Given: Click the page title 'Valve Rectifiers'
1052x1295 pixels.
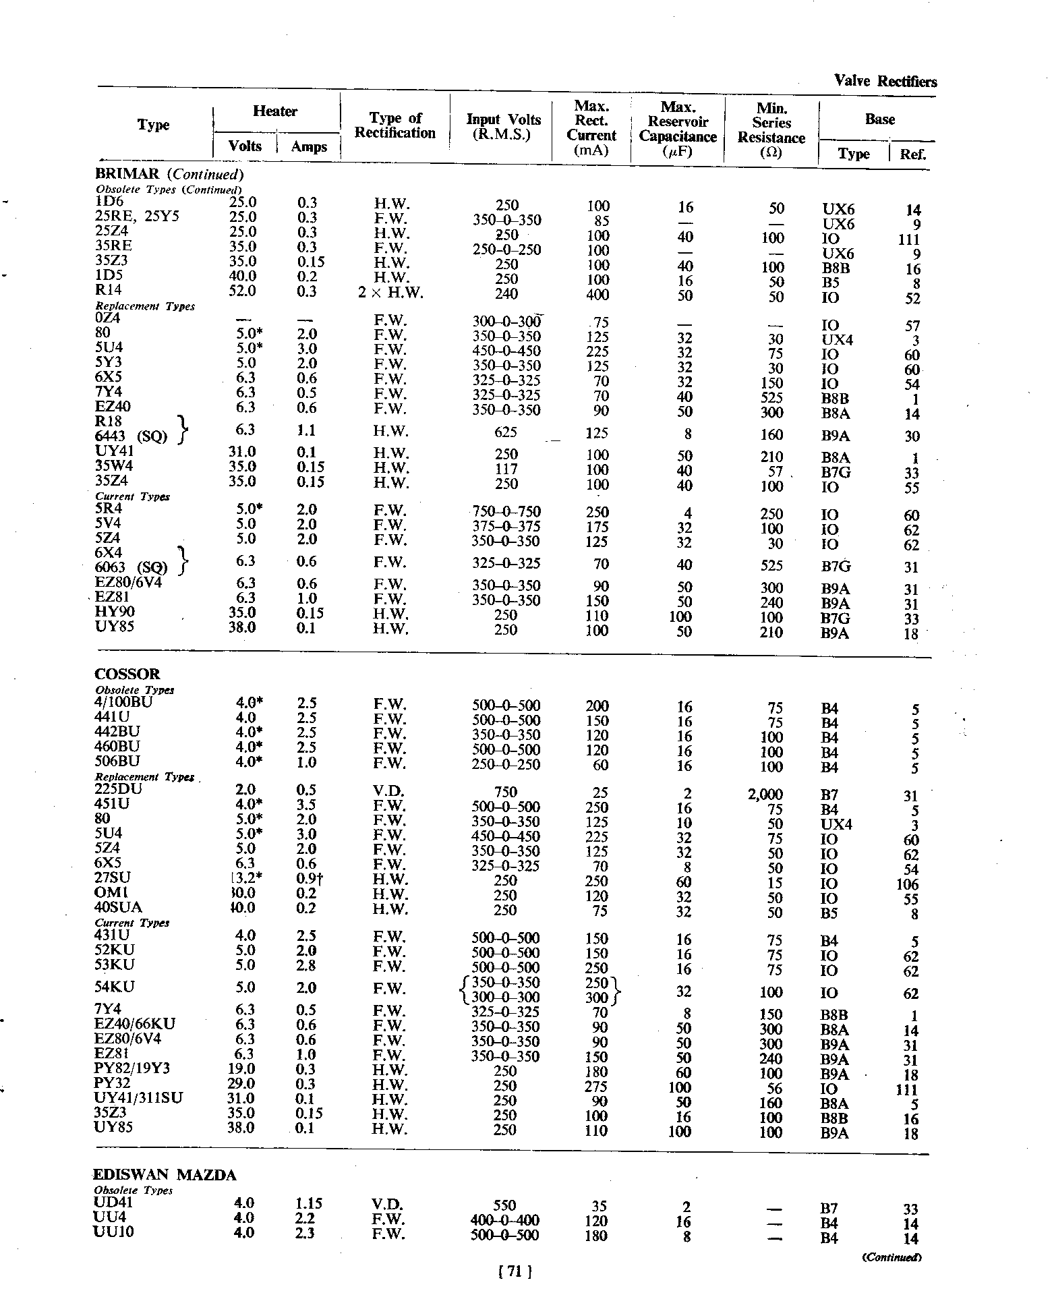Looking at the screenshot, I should [885, 82].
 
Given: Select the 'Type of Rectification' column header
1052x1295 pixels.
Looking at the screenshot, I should [395, 125].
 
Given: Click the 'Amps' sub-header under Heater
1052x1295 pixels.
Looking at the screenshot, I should [309, 147].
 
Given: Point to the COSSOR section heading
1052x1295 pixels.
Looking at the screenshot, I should [127, 674].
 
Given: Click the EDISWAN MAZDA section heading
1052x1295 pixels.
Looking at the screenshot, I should [165, 1175].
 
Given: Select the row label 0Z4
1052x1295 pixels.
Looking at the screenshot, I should [108, 318].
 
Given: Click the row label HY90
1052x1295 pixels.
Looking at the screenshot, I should [115, 612].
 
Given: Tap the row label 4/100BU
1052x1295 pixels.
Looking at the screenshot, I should [124, 701].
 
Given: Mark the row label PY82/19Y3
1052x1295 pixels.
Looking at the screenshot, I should [132, 1069].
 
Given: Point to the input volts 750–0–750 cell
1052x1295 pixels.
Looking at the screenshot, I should [506, 511].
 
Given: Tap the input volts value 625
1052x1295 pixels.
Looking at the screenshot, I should [506, 432].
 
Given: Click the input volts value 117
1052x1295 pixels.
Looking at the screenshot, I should [506, 469].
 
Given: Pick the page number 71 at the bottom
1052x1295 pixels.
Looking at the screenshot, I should [515, 1271].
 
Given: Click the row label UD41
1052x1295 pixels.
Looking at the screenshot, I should [114, 1203].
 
